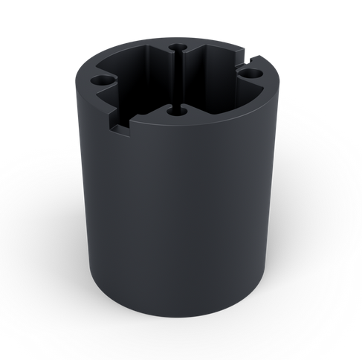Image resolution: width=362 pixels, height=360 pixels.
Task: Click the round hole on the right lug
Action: point(253,74)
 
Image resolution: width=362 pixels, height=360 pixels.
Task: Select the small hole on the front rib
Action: point(176,112)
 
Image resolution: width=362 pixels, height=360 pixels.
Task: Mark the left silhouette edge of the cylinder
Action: point(81,186)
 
